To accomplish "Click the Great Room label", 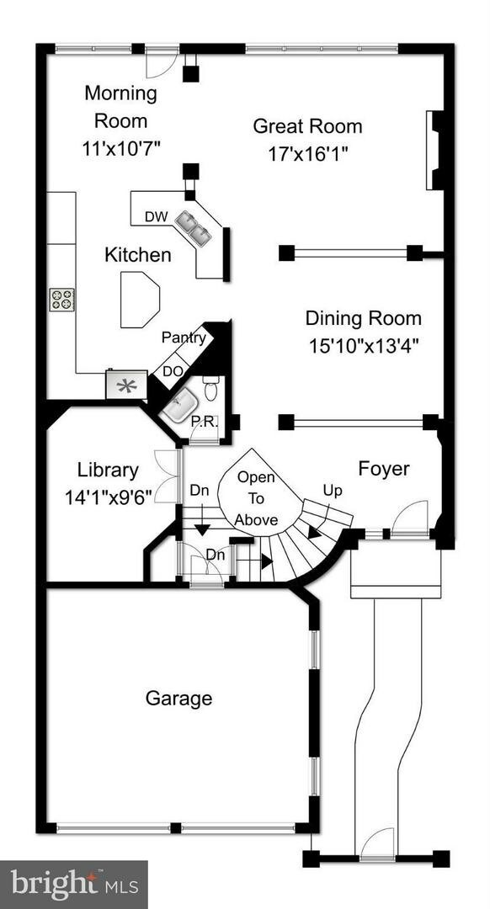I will pyautogui.click(x=307, y=126).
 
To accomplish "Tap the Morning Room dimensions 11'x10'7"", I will pyautogui.click(x=121, y=147).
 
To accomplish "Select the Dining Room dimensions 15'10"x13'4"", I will pyautogui.click(x=363, y=344).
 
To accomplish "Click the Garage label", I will pyautogui.click(x=178, y=698).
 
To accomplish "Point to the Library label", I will pyautogui.click(x=108, y=470).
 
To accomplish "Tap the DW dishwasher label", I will pyautogui.click(x=156, y=216).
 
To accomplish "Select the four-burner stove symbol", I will pyautogui.click(x=61, y=299).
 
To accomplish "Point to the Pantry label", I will pyautogui.click(x=184, y=338).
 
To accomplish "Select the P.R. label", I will pyautogui.click(x=204, y=421).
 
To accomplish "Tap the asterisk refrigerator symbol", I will pyautogui.click(x=126, y=385).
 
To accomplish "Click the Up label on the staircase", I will pyautogui.click(x=333, y=490).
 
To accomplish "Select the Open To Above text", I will pyautogui.click(x=256, y=498).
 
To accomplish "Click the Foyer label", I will pyautogui.click(x=383, y=468).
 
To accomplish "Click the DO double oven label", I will pyautogui.click(x=173, y=370).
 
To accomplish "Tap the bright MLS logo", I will pyautogui.click(x=73, y=884).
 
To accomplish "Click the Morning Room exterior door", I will pyautogui.click(x=161, y=61).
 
